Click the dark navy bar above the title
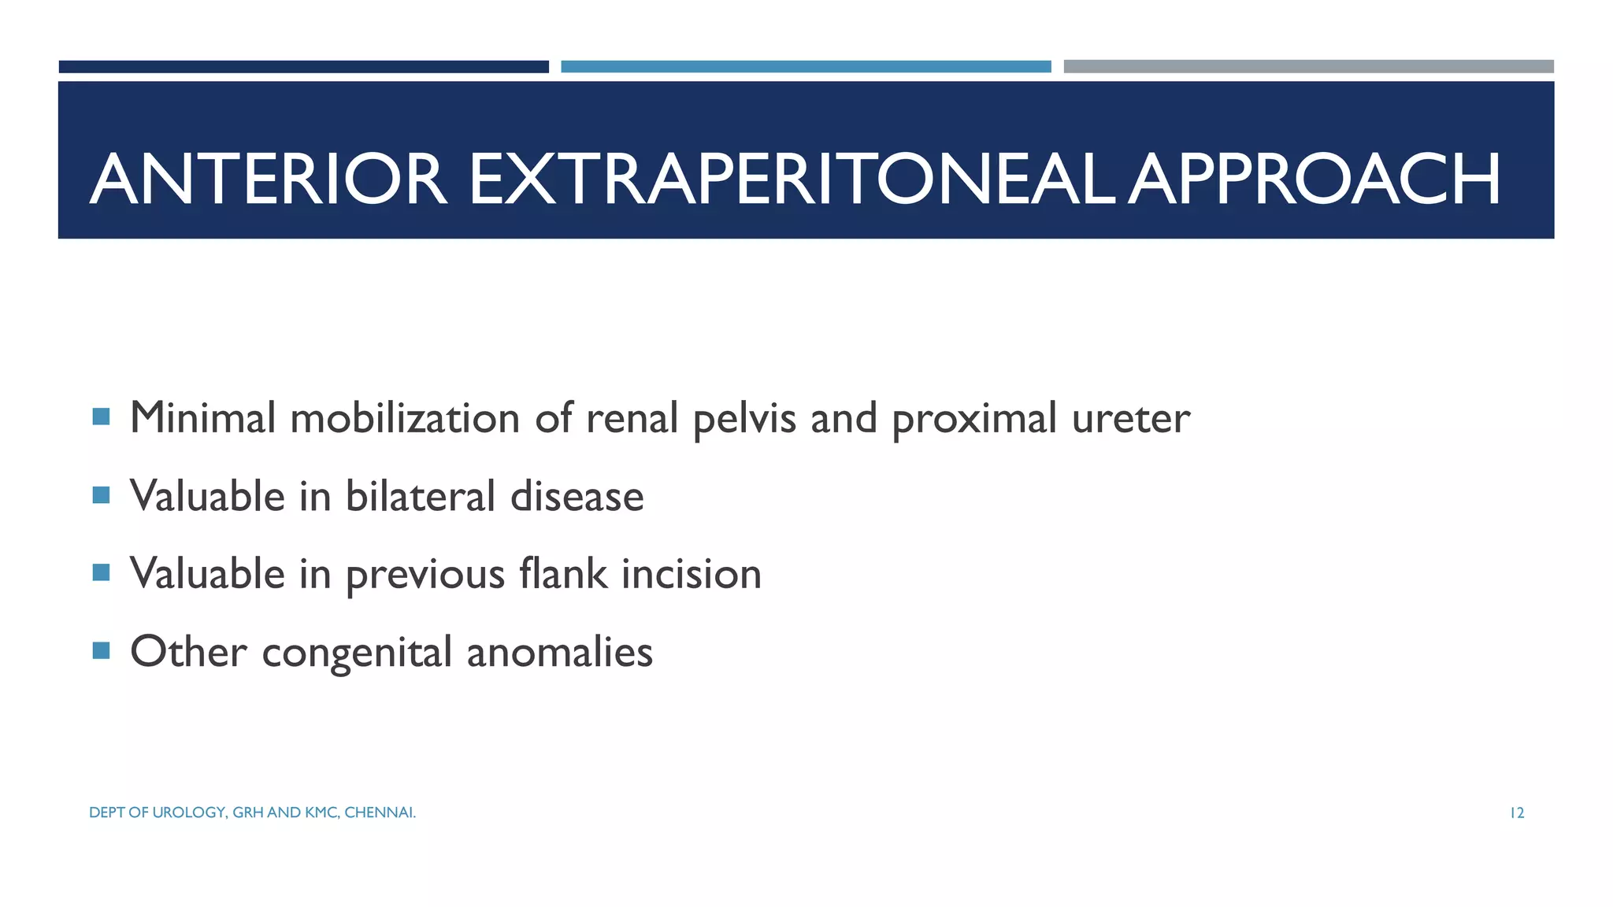303,67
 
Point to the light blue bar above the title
806,67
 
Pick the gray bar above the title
1308,67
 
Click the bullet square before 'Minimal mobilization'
101,416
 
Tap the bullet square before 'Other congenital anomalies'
101,650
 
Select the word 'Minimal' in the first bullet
202,417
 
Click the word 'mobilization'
405,417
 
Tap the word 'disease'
577,496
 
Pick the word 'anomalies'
559,652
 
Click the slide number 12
1516,813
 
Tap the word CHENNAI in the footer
380,813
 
